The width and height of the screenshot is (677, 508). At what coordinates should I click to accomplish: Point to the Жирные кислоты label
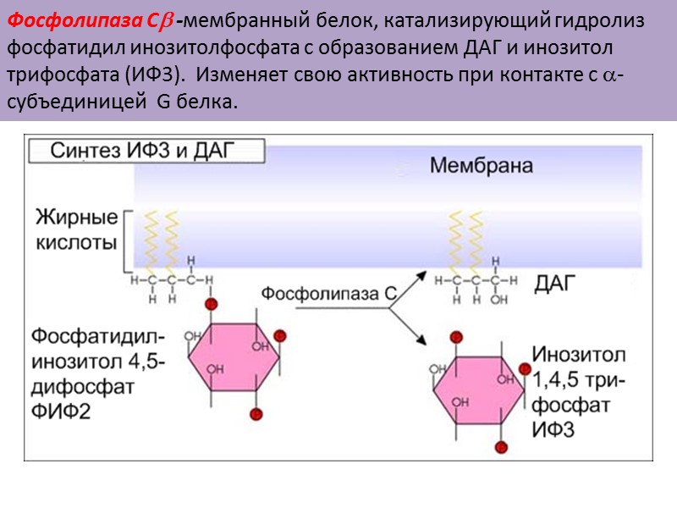coord(76,230)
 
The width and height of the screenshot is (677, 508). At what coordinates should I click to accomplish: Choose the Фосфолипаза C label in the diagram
coord(328,295)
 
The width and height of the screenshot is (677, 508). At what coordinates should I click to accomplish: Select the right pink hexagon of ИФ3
coord(479,390)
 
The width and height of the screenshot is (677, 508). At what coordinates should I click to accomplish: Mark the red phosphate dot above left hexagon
coord(211,304)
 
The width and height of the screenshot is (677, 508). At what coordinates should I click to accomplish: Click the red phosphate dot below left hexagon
coord(255,414)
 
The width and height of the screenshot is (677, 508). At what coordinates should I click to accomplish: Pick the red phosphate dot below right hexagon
coord(503,446)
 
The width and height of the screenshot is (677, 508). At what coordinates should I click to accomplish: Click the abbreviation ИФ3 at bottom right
coord(553,429)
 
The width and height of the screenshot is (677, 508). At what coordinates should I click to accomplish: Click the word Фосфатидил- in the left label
coord(92,336)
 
